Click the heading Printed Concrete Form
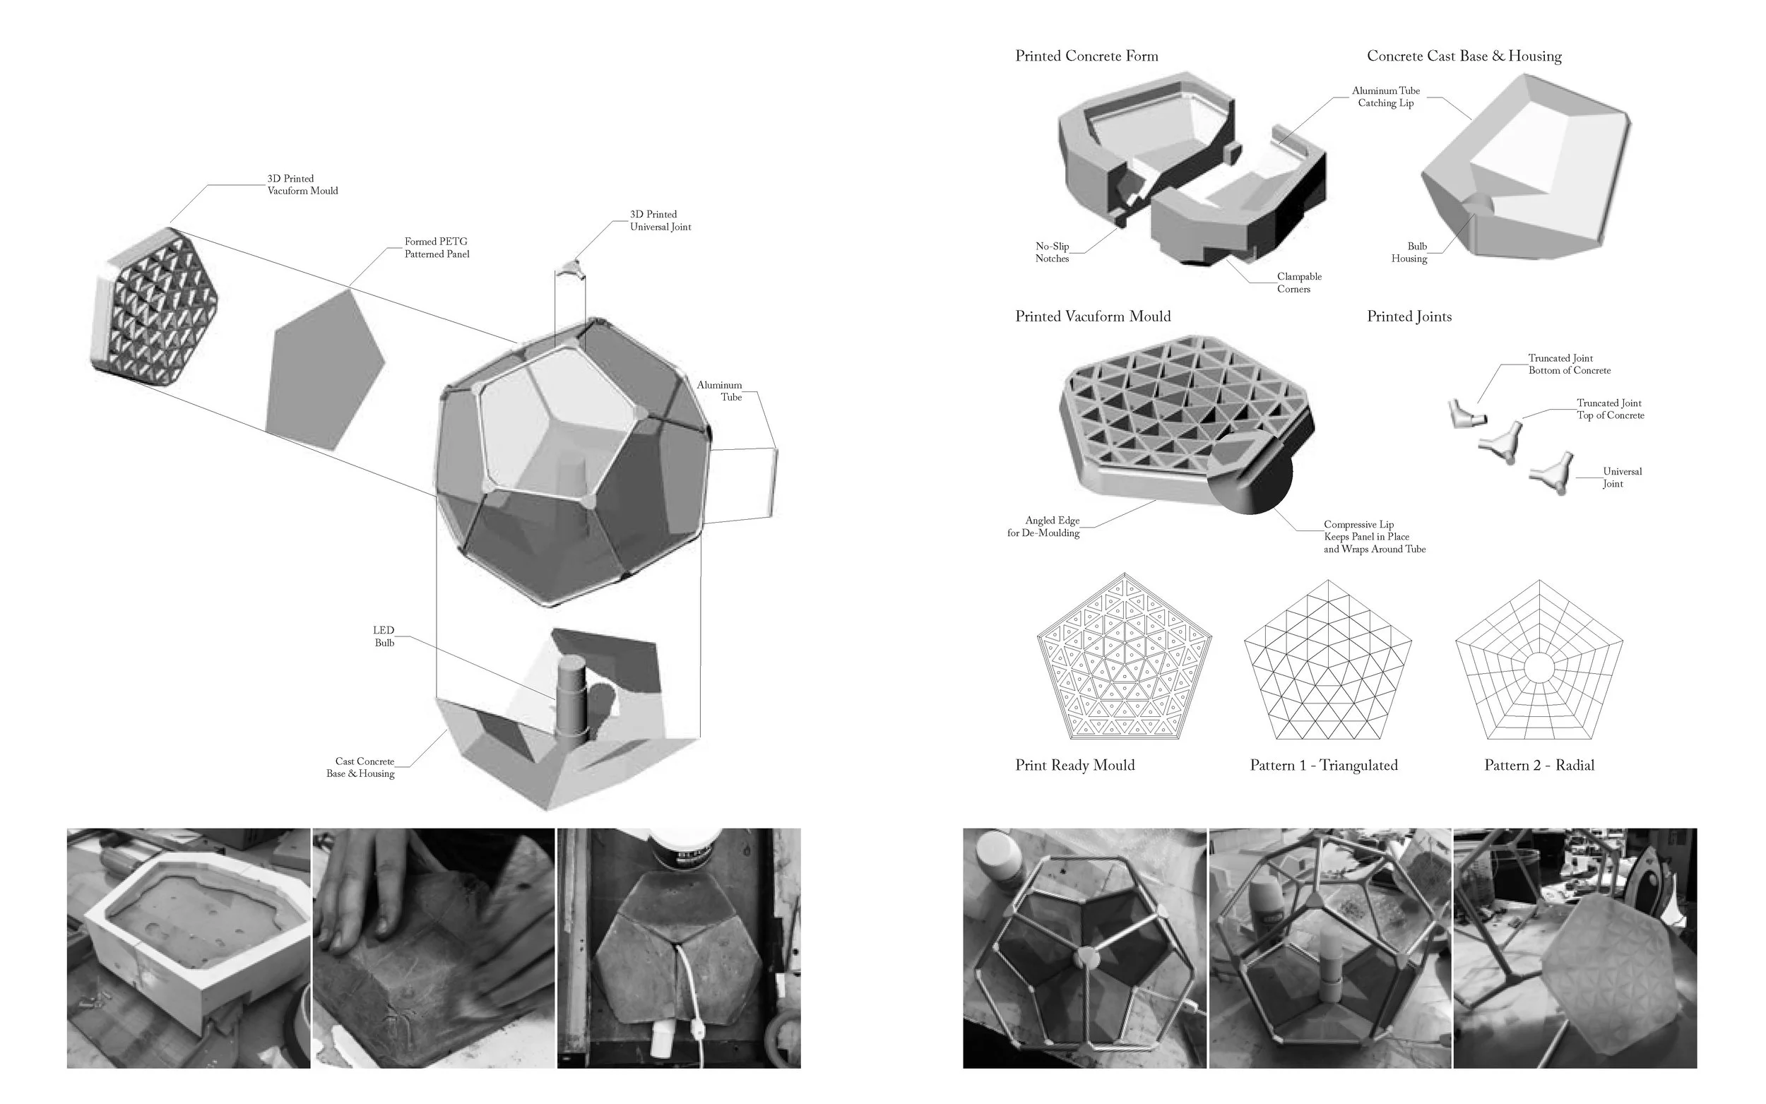pyautogui.click(x=1086, y=57)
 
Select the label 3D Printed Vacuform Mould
pyautogui.click(x=302, y=185)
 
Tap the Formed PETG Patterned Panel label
pyautogui.click(x=437, y=247)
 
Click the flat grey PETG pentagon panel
pyautogui.click(x=324, y=370)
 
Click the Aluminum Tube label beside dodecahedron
pyautogui.click(x=719, y=391)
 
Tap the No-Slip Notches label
pyautogui.click(x=1052, y=253)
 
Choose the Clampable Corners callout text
pyautogui.click(x=1299, y=283)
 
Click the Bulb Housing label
pyautogui.click(x=1409, y=253)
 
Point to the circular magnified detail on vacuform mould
pyautogui.click(x=1250, y=472)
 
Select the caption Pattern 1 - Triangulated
pyautogui.click(x=1324, y=765)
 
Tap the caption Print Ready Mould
pyautogui.click(x=1074, y=765)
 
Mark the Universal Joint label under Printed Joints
pyautogui.click(x=1621, y=477)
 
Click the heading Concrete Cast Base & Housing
pyautogui.click(x=1464, y=57)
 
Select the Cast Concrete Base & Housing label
pyautogui.click(x=361, y=767)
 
